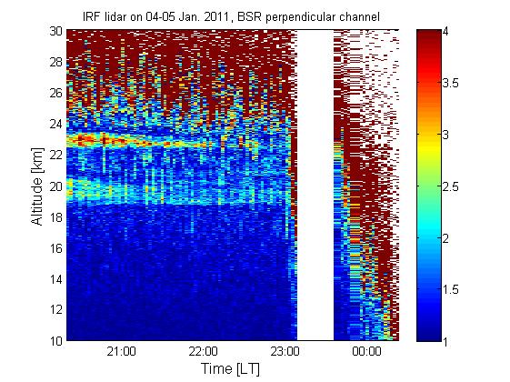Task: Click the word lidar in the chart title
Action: point(115,16)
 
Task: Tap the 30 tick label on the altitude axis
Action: point(56,31)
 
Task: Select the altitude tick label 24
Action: point(56,124)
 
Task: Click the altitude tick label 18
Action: point(56,217)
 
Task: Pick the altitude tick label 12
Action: point(56,310)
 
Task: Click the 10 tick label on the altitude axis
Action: point(56,341)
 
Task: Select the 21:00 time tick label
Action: point(121,352)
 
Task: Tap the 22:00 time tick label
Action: point(204,352)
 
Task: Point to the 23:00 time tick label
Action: point(285,352)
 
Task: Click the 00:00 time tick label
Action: point(366,352)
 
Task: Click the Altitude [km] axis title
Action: point(37,186)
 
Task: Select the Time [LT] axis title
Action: point(230,369)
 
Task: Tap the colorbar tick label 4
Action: point(445,31)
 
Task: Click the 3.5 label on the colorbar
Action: point(451,83)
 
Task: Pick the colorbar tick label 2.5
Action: point(451,186)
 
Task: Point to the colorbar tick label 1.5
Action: point(451,289)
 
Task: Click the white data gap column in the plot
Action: point(315,185)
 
